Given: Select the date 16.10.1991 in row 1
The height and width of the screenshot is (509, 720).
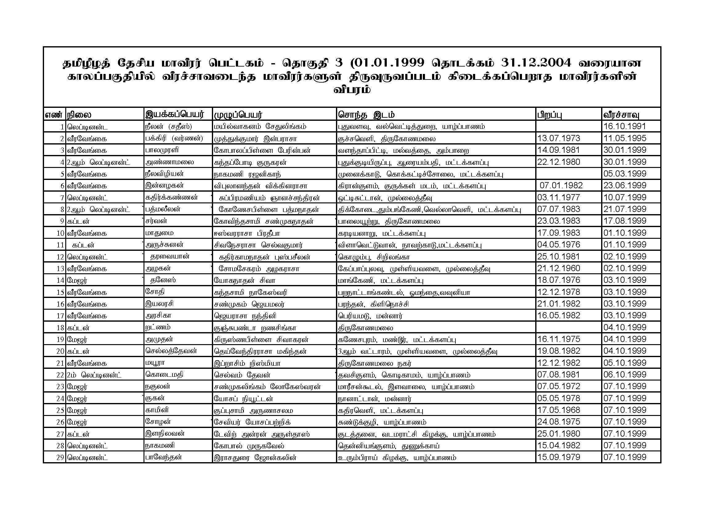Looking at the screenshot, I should click(x=625, y=126).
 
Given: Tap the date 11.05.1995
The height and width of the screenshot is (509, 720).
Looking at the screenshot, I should click(x=625, y=138).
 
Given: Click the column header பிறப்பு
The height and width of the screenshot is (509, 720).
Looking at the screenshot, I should click(x=549, y=115).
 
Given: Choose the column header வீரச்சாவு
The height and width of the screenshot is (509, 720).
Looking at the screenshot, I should click(x=621, y=115).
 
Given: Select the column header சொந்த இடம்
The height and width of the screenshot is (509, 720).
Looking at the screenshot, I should click(x=366, y=115).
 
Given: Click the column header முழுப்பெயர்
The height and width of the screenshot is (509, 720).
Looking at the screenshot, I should click(x=238, y=115).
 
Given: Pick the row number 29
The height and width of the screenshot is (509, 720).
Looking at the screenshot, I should click(x=60, y=458).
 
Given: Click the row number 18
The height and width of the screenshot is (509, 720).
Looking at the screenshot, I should click(x=60, y=328).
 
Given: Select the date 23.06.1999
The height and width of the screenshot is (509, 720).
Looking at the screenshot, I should click(x=625, y=185).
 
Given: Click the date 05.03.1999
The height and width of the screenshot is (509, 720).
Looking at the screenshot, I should click(x=625, y=174).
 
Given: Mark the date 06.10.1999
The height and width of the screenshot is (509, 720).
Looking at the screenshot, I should click(x=625, y=375).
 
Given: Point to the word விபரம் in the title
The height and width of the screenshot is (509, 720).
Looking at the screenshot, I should click(x=352, y=90).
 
